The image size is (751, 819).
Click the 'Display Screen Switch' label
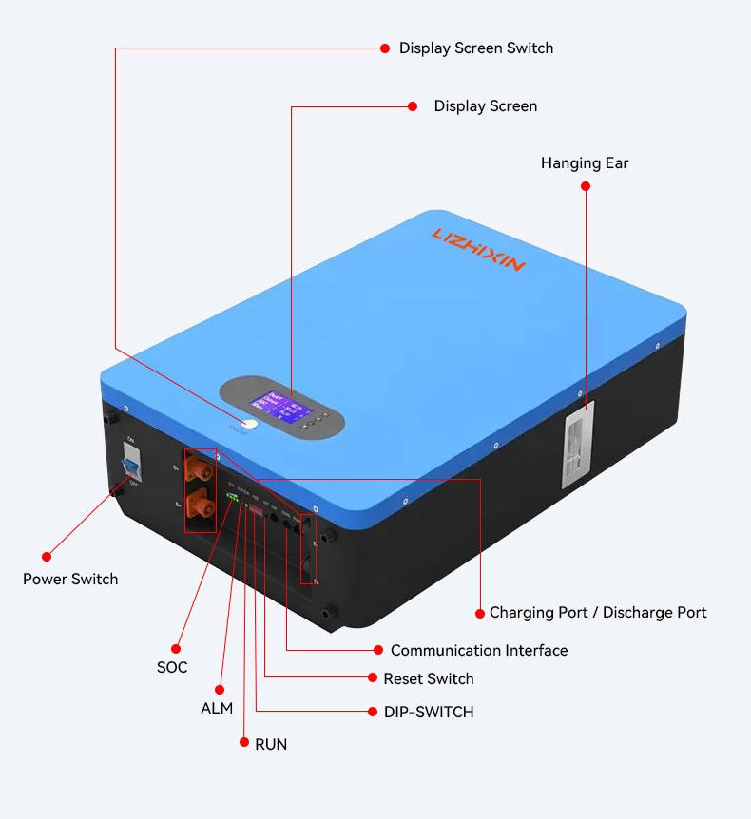tap(475, 48)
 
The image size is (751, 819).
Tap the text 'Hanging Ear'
tap(585, 163)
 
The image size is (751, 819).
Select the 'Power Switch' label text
tap(70, 579)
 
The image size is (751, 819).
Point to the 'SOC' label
tap(172, 667)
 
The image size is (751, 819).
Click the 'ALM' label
tap(217, 709)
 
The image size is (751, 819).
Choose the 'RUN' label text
tap(271, 744)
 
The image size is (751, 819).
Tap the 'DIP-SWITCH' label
tap(428, 712)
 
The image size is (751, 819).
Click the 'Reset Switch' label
tap(429, 678)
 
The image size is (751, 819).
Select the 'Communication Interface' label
tap(479, 651)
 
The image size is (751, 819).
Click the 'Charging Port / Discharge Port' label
tap(598, 613)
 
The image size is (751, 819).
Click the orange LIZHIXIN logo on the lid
tap(478, 249)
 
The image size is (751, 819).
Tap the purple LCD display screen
tap(285, 406)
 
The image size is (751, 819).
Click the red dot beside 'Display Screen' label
tap(413, 106)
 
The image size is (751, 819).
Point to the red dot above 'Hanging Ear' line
tap(586, 186)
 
